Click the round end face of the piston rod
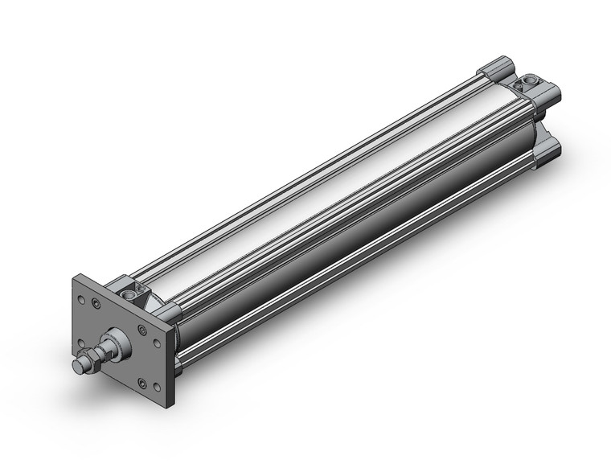coord(78,366)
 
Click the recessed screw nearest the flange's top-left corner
coord(96,304)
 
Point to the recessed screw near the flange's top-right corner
coord(143,330)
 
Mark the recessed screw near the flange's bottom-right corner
coord(142,382)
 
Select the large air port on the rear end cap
coord(531,81)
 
